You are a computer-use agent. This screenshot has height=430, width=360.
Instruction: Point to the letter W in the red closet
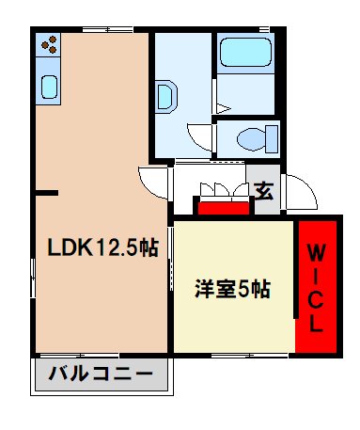pos(318,252)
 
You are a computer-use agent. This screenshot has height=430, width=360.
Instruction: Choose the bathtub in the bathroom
pos(243,56)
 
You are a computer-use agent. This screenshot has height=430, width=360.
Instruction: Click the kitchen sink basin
pos(48,87)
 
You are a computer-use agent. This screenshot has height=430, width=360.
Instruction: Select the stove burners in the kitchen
pos(48,44)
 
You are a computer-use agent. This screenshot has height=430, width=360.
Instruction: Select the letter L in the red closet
pos(318,323)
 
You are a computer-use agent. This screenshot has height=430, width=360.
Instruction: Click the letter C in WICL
pos(318,299)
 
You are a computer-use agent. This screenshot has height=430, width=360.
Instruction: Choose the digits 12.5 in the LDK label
pos(116,248)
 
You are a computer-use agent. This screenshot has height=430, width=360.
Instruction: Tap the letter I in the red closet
pos(318,276)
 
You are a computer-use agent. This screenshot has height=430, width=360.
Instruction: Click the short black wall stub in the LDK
pos(47,193)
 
